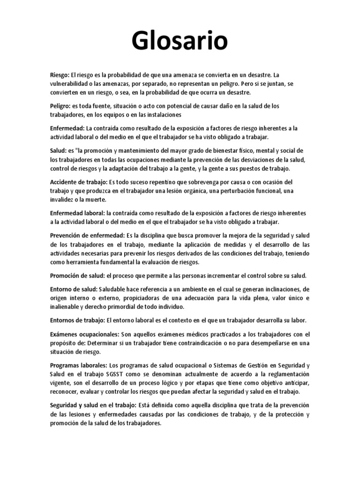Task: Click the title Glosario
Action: pyautogui.click(x=180, y=42)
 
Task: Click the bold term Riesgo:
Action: pyautogui.click(x=60, y=75)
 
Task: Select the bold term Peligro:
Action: pyautogui.click(x=61, y=106)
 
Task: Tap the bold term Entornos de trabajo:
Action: pyautogui.click(x=77, y=320)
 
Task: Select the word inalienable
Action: pyautogui.click(x=66, y=307)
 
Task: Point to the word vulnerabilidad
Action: pyautogui.click(x=72, y=84)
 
